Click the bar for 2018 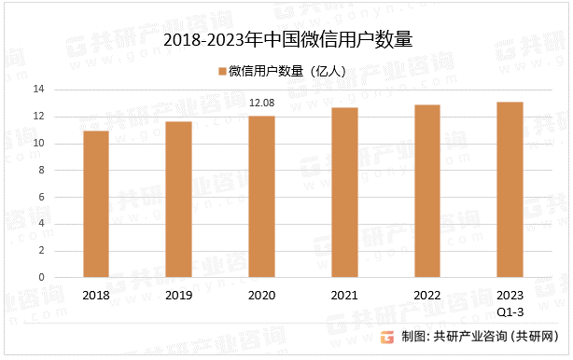(x=96, y=204)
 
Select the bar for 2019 (x=179, y=200)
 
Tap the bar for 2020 (x=261, y=197)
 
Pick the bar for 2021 (x=344, y=192)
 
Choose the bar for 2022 (x=426, y=191)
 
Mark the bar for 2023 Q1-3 (x=510, y=189)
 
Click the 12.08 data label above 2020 (x=261, y=103)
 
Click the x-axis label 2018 (x=96, y=295)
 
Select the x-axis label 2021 (x=344, y=295)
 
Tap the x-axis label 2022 (x=426, y=295)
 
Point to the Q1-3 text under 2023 (x=510, y=310)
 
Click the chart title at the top (x=287, y=40)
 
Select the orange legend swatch (x=221, y=71)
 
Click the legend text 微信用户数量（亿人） (x=288, y=71)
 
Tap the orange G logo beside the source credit (x=387, y=337)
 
